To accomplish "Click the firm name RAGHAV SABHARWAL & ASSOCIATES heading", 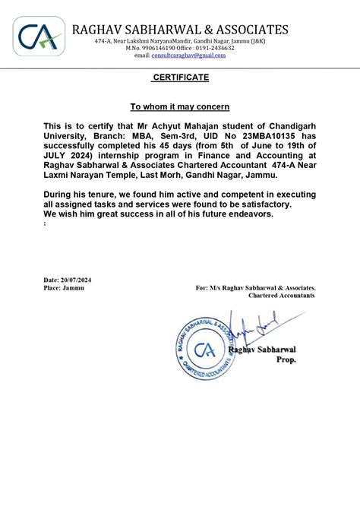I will coord(181,30).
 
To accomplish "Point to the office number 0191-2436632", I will coord(213,48).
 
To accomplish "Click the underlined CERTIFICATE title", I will coord(180,78).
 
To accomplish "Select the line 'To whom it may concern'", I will coord(180,106).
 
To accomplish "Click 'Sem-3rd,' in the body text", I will coord(185,135).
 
